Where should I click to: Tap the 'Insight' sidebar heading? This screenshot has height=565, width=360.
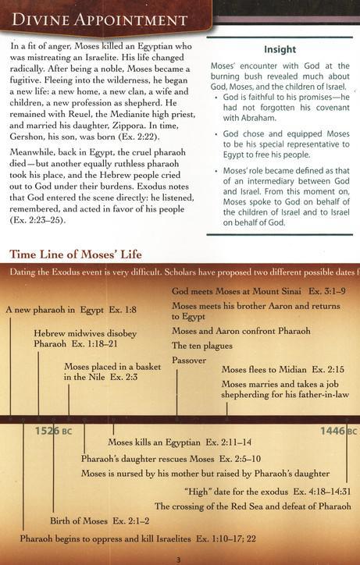pyautogui.click(x=279, y=49)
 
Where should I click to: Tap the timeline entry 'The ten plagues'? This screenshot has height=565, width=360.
pyautogui.click(x=201, y=345)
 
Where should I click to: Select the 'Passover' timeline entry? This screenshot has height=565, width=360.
pyautogui.click(x=189, y=360)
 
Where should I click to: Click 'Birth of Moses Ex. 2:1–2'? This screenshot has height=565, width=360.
pyautogui.click(x=99, y=520)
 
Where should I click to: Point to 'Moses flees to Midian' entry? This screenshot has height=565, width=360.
pyautogui.click(x=283, y=368)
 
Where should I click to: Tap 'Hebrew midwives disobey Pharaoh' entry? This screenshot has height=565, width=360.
pyautogui.click(x=85, y=338)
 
